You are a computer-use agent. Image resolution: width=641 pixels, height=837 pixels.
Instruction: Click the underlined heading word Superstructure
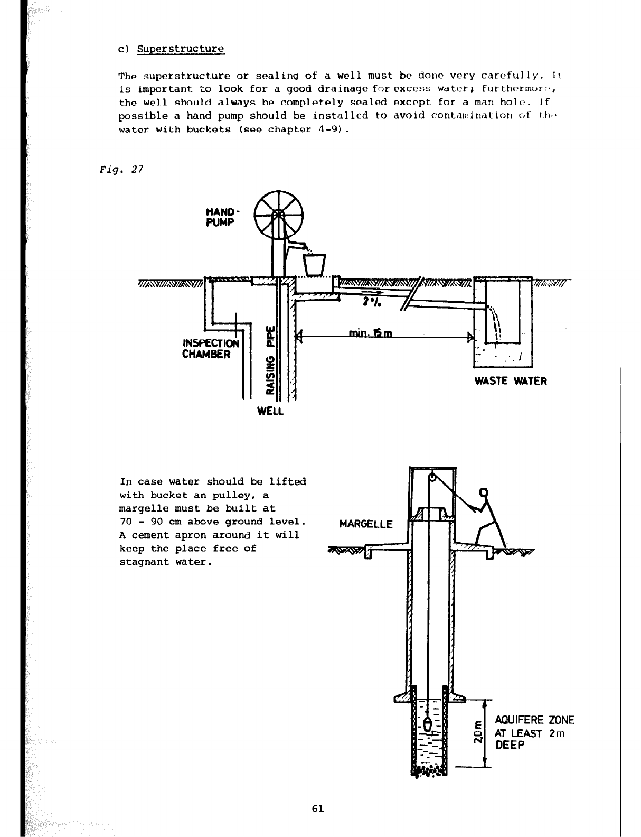click(181, 49)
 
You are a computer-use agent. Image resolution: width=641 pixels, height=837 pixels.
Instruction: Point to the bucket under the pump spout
click(314, 264)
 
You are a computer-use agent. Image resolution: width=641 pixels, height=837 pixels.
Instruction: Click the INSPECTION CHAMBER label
click(210, 348)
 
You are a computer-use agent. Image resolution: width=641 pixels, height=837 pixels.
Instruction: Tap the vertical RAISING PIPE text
click(270, 359)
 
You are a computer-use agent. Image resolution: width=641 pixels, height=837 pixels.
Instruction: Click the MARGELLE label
click(366, 524)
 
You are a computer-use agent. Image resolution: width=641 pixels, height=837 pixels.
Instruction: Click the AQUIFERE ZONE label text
click(534, 720)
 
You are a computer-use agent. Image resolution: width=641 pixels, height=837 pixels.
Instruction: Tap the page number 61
click(318, 808)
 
